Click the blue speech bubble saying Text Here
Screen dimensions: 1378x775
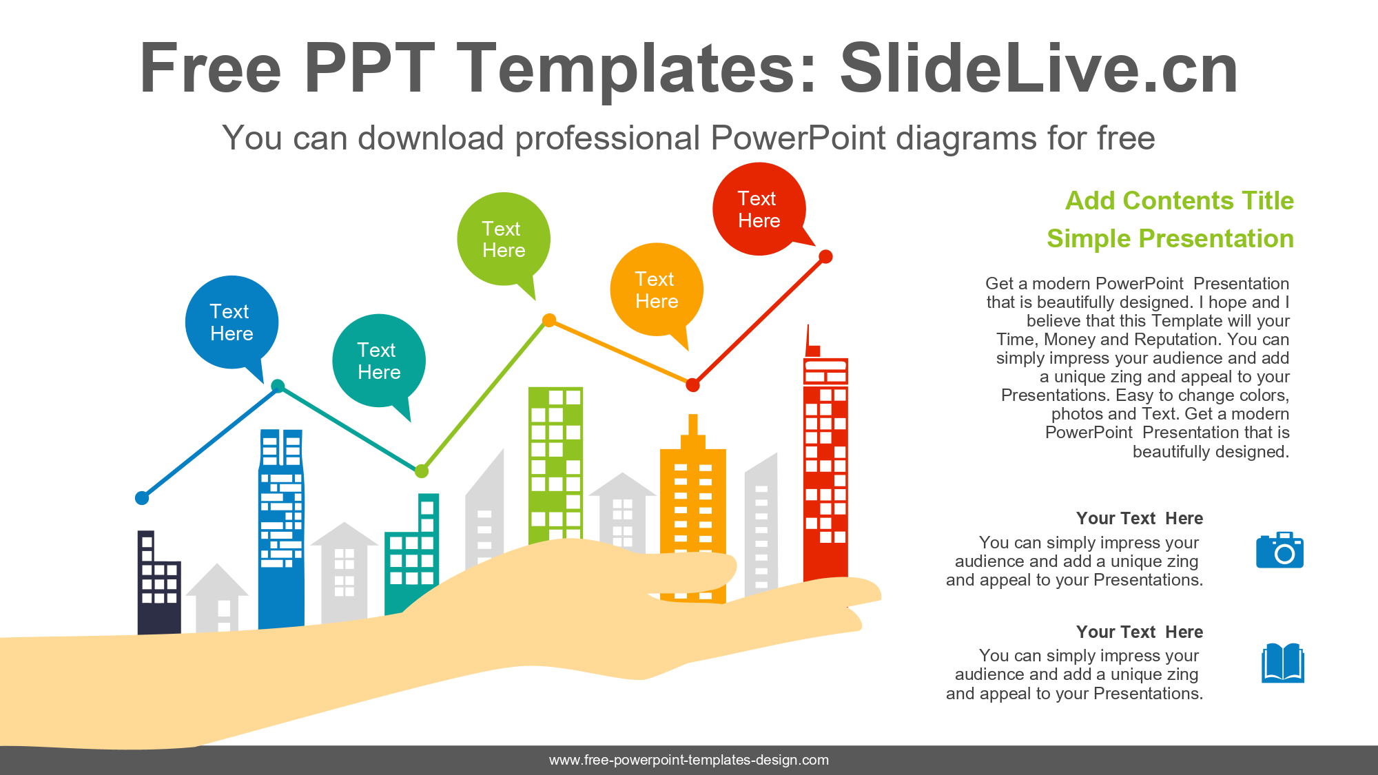click(232, 323)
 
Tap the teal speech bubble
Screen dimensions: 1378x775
click(379, 361)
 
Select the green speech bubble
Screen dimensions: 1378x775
click(504, 239)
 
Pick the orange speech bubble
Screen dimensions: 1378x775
click(657, 290)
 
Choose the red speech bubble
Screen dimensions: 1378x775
click(759, 209)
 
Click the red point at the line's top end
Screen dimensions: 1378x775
click(825, 257)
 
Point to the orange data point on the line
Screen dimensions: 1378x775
click(549, 320)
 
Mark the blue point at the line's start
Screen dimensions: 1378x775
click(142, 498)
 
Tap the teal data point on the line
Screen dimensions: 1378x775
click(278, 386)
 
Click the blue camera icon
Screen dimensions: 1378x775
click(1279, 550)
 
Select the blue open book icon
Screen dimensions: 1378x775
click(1283, 663)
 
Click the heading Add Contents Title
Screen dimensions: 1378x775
click(1180, 200)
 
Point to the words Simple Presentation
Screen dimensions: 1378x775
click(1170, 238)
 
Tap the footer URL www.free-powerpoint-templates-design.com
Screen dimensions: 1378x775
click(689, 760)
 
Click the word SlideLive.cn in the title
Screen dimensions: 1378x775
click(1039, 68)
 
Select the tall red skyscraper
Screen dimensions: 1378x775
click(825, 455)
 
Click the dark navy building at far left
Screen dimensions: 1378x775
click(159, 583)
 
